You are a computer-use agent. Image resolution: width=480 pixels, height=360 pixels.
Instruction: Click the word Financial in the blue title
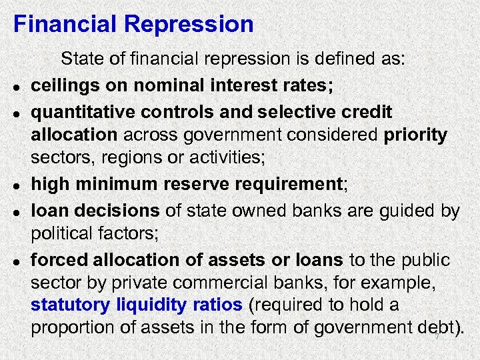pos(65,25)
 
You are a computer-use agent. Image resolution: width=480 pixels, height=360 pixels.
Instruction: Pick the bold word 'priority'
pos(415,135)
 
